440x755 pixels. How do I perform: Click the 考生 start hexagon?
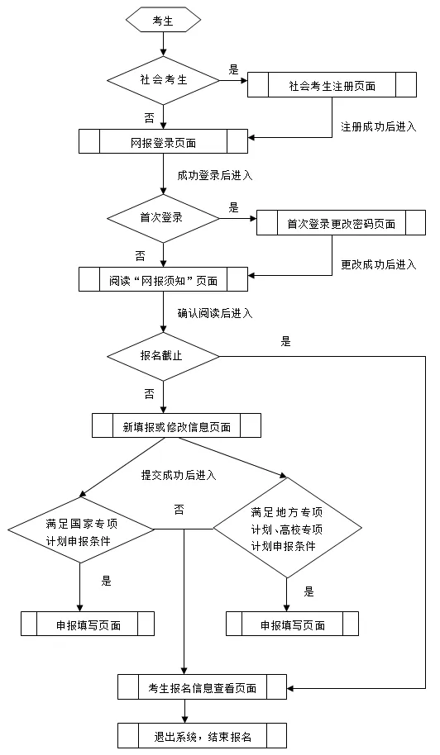click(163, 21)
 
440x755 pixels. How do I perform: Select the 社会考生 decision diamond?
click(163, 80)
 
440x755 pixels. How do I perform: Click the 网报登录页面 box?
click(163, 142)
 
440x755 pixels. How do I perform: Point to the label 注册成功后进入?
click(378, 127)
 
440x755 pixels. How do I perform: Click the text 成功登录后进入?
click(214, 175)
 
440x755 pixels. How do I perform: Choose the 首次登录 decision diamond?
click(163, 218)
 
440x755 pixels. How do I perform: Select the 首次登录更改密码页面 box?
click(341, 224)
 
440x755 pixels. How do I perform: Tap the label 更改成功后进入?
click(378, 265)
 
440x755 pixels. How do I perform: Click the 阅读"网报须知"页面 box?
click(163, 280)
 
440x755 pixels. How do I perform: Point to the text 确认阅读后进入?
click(214, 313)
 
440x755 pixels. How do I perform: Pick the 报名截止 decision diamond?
click(163, 356)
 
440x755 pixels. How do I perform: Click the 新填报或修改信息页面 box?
click(175, 426)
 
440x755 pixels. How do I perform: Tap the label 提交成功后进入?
click(178, 474)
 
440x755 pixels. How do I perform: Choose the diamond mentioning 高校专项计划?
click(287, 529)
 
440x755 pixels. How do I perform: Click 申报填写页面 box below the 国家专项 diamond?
click(88, 624)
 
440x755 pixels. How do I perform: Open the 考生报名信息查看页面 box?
click(202, 686)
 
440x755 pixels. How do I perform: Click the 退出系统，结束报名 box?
click(202, 735)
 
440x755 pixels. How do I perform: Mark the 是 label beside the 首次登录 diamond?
click(233, 207)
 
